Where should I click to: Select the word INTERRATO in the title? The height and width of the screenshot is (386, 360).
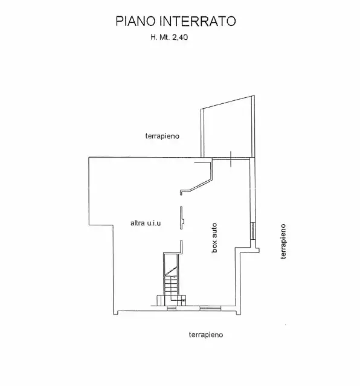(199, 22)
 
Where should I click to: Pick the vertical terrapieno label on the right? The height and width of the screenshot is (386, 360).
(283, 242)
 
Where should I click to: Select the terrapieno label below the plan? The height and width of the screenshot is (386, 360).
(206, 334)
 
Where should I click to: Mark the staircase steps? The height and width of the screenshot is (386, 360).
(171, 284)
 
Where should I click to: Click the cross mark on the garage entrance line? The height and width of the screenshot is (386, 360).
(231, 158)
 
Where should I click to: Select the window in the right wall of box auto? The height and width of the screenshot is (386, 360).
(252, 231)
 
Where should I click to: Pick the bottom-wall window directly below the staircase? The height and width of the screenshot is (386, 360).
(172, 308)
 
